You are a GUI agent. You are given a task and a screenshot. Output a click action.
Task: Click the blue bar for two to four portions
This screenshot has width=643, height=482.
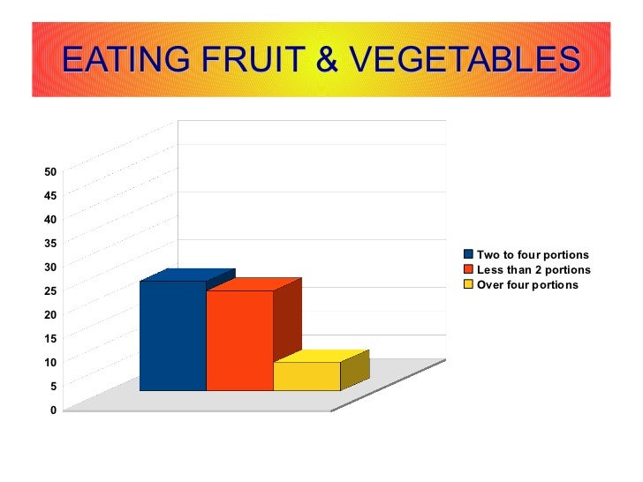[x=172, y=335]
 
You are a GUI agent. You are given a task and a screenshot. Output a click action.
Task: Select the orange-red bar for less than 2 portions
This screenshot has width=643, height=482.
[x=239, y=340]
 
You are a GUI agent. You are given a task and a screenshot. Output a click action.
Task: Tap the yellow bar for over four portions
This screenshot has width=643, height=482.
[x=306, y=376]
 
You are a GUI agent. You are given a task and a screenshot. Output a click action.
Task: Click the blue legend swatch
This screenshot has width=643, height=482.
[x=469, y=254]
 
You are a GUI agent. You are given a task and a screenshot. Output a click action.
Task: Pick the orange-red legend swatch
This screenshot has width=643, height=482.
[x=469, y=269]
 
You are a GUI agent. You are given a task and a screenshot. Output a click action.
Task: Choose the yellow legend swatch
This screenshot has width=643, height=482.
[x=469, y=284]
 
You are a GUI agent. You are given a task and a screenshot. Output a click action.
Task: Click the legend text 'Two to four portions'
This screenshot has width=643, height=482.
[x=533, y=254]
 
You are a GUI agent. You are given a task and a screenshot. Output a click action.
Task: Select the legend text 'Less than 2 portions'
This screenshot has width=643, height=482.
[x=533, y=269]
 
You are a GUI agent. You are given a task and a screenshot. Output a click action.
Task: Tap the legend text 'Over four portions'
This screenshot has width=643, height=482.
[x=527, y=284]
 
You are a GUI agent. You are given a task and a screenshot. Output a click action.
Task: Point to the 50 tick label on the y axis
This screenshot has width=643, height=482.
[x=50, y=171]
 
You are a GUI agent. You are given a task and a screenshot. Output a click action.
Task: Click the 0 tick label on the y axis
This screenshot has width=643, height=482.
[x=53, y=410]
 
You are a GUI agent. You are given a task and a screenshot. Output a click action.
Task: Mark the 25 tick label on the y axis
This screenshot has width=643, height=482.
[x=50, y=290]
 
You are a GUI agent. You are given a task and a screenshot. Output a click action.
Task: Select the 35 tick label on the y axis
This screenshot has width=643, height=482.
[x=50, y=243]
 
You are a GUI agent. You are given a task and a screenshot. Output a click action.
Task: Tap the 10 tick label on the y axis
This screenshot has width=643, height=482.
[x=50, y=363]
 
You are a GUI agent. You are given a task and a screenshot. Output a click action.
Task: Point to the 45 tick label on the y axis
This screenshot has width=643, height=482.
[x=50, y=195]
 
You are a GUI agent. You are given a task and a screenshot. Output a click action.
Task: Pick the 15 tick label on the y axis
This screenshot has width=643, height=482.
[x=50, y=338]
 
